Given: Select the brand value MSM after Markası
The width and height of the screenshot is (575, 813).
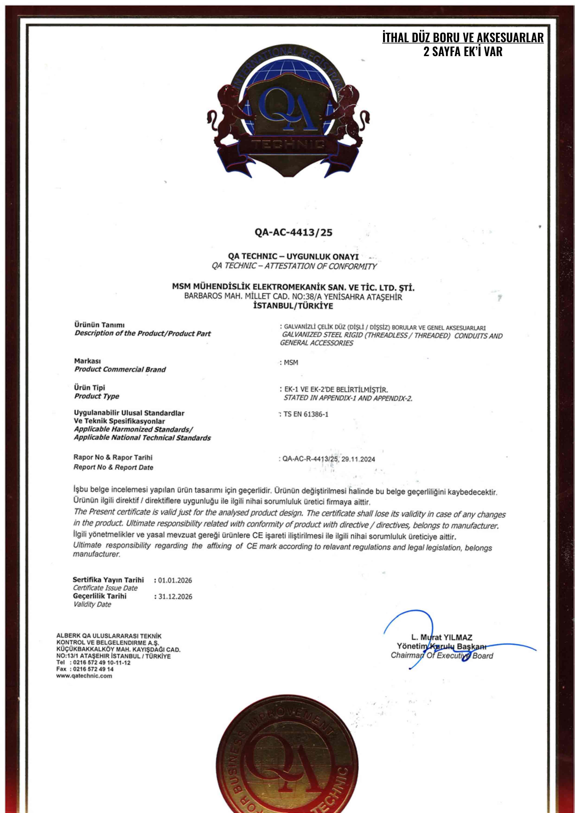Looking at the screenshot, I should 291,363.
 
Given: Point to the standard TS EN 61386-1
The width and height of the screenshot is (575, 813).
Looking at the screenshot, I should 306,414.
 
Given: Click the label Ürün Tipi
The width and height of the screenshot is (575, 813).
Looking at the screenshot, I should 89,387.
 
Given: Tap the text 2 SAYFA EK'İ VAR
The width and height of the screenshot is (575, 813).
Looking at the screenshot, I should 463,52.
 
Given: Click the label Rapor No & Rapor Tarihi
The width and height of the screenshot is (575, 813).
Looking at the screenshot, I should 113,457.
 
